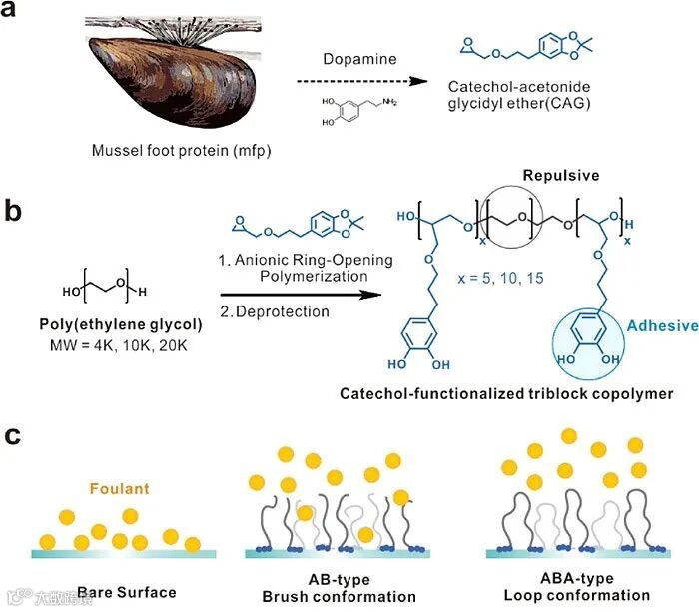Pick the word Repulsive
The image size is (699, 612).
[x=511, y=174]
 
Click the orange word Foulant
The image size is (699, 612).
[x=120, y=489]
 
